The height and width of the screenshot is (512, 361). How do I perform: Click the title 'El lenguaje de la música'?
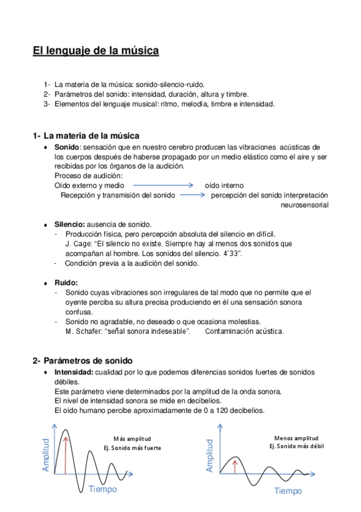(96, 51)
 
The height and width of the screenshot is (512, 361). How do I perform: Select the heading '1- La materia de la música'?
(86, 135)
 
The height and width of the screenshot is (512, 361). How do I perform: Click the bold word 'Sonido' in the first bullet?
(66, 147)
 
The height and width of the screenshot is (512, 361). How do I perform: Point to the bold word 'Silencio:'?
(70, 224)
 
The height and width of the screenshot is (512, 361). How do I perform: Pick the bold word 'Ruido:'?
(66, 283)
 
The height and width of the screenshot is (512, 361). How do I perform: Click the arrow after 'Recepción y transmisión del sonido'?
(193, 195)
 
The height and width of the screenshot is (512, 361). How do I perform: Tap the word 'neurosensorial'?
(304, 205)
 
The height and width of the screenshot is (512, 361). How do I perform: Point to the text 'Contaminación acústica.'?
(244, 331)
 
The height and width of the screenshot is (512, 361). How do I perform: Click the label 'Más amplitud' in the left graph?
(132, 438)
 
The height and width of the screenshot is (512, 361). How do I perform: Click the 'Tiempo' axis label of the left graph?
(102, 488)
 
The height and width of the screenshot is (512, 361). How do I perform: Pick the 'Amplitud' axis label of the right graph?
(210, 455)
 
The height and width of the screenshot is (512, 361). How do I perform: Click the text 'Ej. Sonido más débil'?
(296, 446)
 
